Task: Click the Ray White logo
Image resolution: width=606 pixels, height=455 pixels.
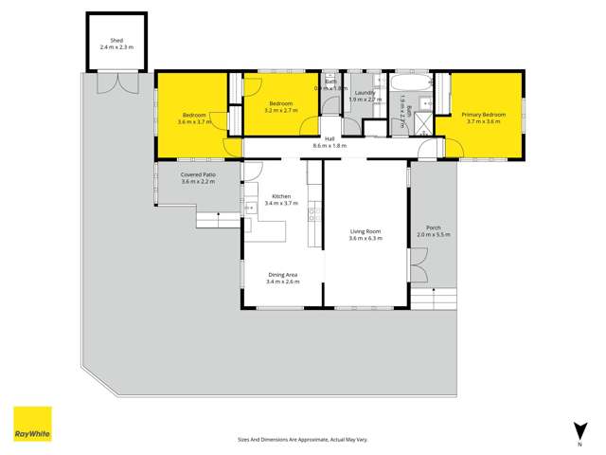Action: [x=32, y=424]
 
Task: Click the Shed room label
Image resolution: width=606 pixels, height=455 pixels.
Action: [x=117, y=41]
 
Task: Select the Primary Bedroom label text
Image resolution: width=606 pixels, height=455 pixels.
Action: [x=484, y=115]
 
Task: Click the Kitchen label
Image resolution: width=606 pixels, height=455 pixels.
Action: [x=282, y=196]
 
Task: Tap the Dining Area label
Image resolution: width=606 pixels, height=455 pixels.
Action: [x=283, y=275]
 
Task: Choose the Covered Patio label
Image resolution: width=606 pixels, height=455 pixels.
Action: [x=198, y=174]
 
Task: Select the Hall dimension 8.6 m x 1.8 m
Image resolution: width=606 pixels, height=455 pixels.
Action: [x=330, y=146]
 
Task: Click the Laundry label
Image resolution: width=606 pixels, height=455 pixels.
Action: [x=365, y=93]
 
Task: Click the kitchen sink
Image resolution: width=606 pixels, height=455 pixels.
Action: [x=249, y=208]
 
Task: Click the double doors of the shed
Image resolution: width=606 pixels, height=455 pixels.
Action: [x=117, y=83]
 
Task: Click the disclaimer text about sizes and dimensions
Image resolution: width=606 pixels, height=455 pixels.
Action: [x=302, y=439]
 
